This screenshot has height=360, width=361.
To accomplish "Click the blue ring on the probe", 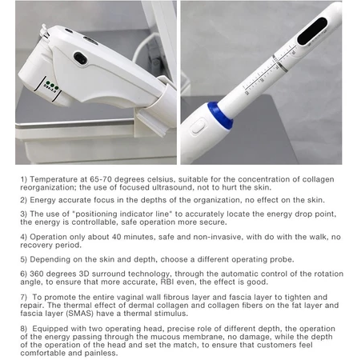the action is [219, 115].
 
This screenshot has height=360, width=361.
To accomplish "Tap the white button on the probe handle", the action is [198, 127].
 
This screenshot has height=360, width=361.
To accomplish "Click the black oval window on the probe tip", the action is [312, 31].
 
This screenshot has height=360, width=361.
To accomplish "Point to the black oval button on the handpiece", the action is [80, 58].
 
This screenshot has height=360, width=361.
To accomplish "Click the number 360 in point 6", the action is [37, 274].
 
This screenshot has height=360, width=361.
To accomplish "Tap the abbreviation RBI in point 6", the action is [166, 282].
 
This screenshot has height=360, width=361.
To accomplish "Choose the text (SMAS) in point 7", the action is [79, 314].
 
